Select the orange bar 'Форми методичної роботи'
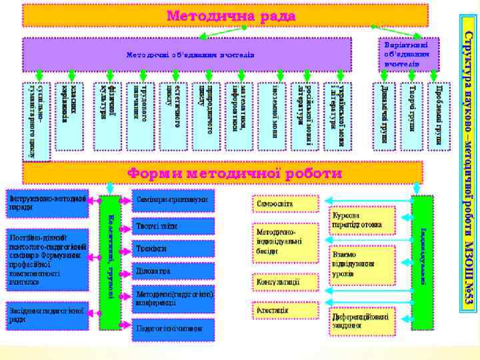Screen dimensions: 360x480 coord(223,173)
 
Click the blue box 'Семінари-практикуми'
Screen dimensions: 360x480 coord(174,200)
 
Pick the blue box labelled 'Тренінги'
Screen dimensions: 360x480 coord(174,248)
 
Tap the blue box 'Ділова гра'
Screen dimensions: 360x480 coord(174,271)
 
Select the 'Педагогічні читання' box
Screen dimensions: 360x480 coord(174,328)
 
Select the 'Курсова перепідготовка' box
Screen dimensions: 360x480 coord(362,220)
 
